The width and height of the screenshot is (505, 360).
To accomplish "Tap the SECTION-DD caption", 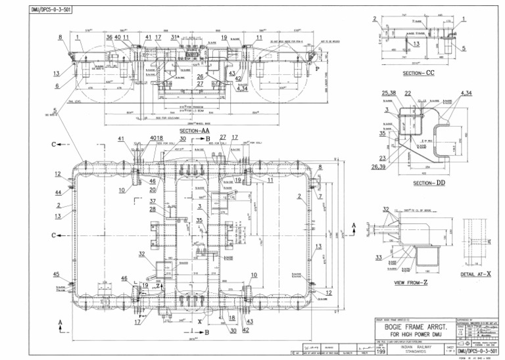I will (x=428, y=183).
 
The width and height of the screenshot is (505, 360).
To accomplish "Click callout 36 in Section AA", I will (x=109, y=37).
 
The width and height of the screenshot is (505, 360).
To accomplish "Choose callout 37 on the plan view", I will (x=152, y=201).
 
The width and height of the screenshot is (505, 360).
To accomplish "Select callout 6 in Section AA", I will (x=57, y=85).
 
